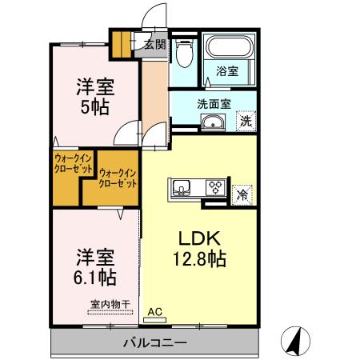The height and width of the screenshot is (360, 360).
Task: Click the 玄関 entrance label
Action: point(155,45)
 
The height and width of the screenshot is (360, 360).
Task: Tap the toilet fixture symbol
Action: point(184,54)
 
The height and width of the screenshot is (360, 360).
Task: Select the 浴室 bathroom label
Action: point(227,70)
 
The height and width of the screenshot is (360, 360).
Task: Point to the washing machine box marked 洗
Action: point(246,122)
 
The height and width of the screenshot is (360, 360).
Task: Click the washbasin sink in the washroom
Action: point(213,122)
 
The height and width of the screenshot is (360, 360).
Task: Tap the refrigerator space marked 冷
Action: point(242,193)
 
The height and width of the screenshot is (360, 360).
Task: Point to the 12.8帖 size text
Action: point(198,259)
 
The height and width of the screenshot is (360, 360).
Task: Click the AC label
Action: point(154,311)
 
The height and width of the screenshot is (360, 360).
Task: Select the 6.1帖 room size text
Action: point(95,278)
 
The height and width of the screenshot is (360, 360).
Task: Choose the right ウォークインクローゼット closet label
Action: point(118,178)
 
